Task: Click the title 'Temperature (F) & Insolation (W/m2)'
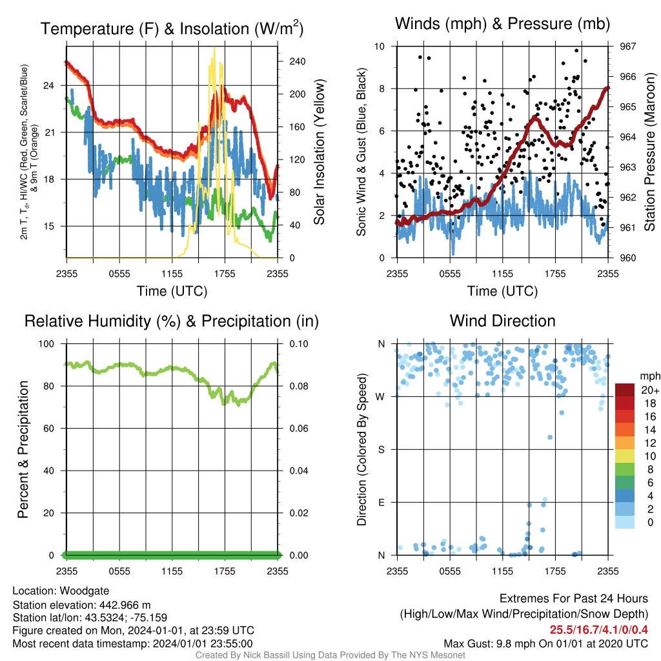(x=172, y=28)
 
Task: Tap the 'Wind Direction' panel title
(x=502, y=321)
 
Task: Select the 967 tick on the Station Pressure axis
(x=627, y=46)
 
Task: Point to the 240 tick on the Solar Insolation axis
(x=297, y=61)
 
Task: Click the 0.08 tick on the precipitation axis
(x=299, y=386)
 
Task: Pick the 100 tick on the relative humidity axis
(x=46, y=344)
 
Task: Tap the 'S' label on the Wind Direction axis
(x=381, y=450)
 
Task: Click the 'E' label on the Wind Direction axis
(x=381, y=502)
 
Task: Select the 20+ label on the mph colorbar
(x=650, y=391)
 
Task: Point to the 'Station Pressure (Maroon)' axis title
(x=649, y=152)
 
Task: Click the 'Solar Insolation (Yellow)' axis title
(x=319, y=152)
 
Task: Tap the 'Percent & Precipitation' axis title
(x=23, y=449)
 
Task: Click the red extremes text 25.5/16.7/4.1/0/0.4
(x=598, y=630)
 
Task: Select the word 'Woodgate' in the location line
(x=85, y=591)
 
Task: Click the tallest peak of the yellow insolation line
(x=214, y=48)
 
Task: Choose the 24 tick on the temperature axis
(x=49, y=86)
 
